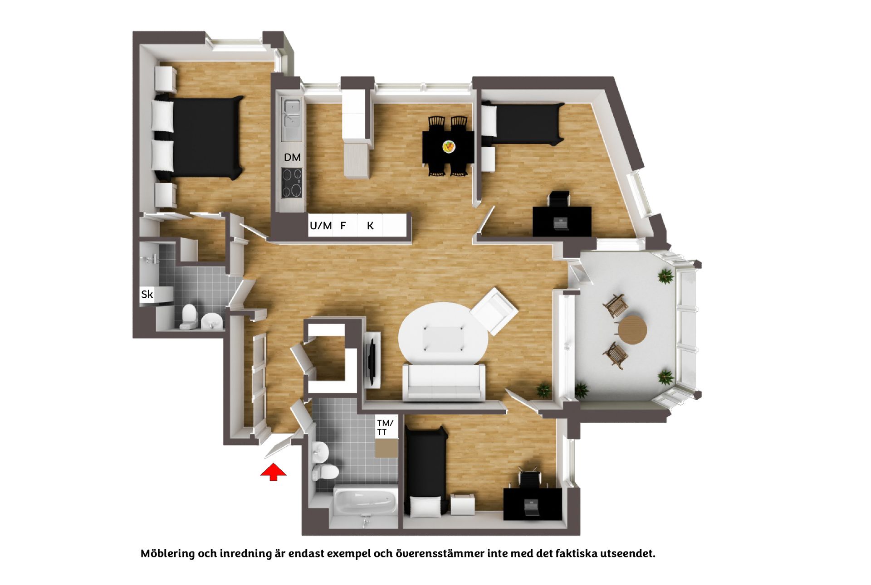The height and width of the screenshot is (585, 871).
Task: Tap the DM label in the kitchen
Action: point(292,157)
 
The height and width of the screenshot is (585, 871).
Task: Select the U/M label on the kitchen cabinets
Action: point(321,226)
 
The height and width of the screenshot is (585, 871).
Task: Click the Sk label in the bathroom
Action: point(147,295)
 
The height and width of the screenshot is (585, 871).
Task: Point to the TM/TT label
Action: point(385,428)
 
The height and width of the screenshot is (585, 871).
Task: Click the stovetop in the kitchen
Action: point(292,183)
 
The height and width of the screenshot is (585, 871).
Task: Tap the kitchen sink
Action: point(291,114)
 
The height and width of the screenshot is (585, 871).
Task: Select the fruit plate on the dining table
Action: point(449,146)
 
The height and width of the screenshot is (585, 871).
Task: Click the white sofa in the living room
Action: point(444,382)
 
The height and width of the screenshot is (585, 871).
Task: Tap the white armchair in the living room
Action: point(494,310)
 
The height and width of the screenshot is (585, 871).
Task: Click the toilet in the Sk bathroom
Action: point(188,316)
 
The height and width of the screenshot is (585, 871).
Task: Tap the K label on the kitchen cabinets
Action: point(370,226)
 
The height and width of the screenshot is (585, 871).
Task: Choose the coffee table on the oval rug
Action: point(443,338)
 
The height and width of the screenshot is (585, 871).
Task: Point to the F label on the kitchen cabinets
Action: point(343,226)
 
